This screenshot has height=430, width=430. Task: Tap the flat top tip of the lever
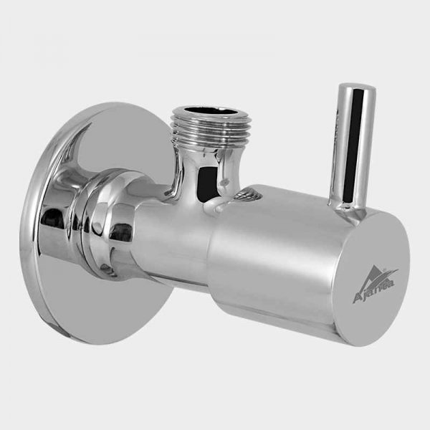(x=355, y=90)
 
